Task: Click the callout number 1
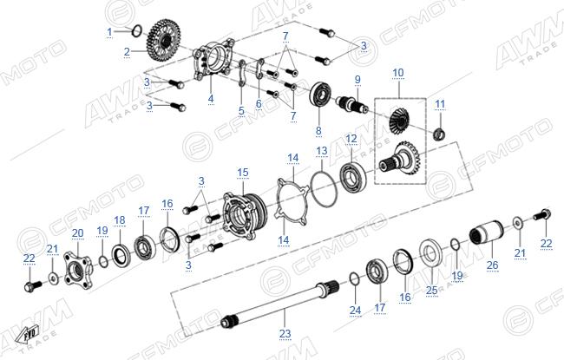click(x=109, y=32)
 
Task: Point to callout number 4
click(x=211, y=99)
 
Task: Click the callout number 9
click(x=357, y=80)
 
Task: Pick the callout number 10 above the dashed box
click(x=397, y=73)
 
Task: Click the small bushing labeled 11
click(x=439, y=134)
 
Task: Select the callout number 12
click(x=351, y=139)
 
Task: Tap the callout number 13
click(x=322, y=151)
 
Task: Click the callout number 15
click(x=243, y=173)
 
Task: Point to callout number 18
click(x=120, y=220)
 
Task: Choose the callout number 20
click(x=78, y=233)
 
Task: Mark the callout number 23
click(x=285, y=334)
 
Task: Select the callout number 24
click(x=356, y=310)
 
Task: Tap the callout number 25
click(x=431, y=290)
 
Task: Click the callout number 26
click(x=493, y=265)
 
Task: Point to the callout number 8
click(x=318, y=130)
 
